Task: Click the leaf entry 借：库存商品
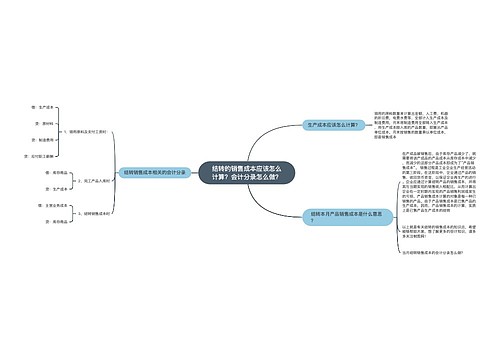[27, 171]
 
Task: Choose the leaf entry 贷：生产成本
[27, 188]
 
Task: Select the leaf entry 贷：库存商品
[27, 222]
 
